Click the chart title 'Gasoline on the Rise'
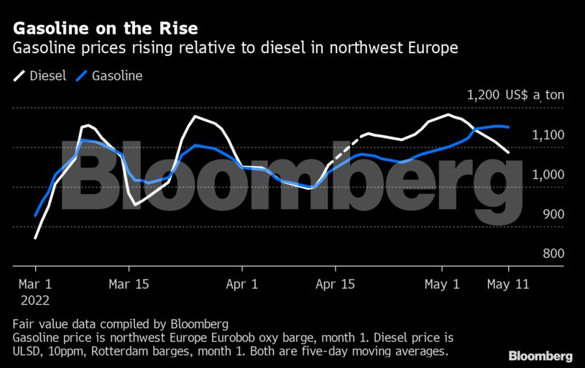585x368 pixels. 105,29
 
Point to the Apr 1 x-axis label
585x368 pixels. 242,284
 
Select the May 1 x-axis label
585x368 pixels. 442,284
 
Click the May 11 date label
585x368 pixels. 507,284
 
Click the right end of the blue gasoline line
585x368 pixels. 509,127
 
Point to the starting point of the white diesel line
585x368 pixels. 35,237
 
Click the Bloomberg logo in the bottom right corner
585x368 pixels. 540,356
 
